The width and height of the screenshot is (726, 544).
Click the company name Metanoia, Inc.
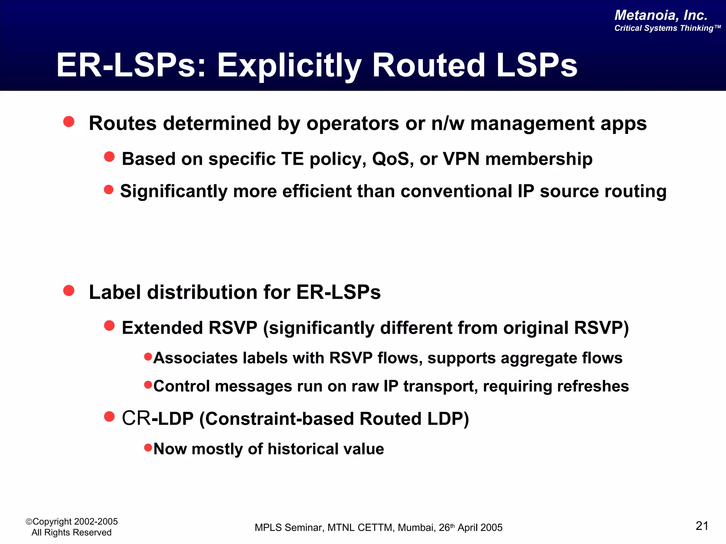[x=661, y=15]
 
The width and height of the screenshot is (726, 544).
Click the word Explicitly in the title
[x=289, y=66]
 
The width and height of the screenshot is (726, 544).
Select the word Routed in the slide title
[x=429, y=65]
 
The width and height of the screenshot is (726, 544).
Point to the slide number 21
[x=702, y=526]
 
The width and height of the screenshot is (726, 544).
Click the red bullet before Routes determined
[x=69, y=122]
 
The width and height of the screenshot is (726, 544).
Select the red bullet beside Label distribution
[x=69, y=291]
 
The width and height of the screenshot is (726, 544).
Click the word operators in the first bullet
[x=353, y=124]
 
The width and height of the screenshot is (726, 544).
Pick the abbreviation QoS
[x=393, y=159]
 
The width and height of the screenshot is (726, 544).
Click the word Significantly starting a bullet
[x=174, y=192]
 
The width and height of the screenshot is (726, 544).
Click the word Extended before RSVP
[x=162, y=328]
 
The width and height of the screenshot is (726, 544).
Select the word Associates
[x=195, y=358]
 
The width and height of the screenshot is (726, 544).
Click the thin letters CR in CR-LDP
[x=136, y=418]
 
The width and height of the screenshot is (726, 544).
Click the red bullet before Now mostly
[x=148, y=448]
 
